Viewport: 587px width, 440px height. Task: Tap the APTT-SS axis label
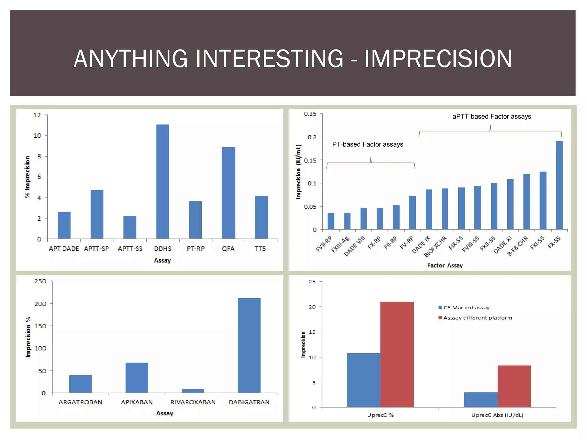click(x=130, y=249)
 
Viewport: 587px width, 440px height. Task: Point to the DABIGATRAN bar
click(x=249, y=345)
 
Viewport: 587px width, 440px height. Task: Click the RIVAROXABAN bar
click(x=193, y=391)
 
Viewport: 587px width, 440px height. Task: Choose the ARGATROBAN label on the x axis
click(x=80, y=402)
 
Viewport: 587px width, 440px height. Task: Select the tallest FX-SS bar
click(x=559, y=185)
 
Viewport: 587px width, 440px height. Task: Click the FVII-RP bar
click(x=331, y=221)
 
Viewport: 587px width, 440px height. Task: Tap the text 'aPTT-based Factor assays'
click(x=492, y=117)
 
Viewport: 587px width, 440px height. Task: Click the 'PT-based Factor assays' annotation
click(x=367, y=144)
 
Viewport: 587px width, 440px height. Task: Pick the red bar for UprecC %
click(x=397, y=354)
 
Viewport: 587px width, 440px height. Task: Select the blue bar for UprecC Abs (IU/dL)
click(x=481, y=400)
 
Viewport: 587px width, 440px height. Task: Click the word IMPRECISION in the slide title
click(x=438, y=59)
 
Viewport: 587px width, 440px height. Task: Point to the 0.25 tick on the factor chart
click(x=310, y=114)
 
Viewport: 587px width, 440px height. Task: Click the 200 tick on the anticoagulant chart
click(x=40, y=304)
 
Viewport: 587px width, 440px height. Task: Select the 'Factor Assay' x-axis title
click(x=445, y=266)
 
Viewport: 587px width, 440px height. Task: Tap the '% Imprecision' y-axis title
click(x=27, y=177)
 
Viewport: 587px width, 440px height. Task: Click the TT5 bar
click(x=261, y=217)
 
